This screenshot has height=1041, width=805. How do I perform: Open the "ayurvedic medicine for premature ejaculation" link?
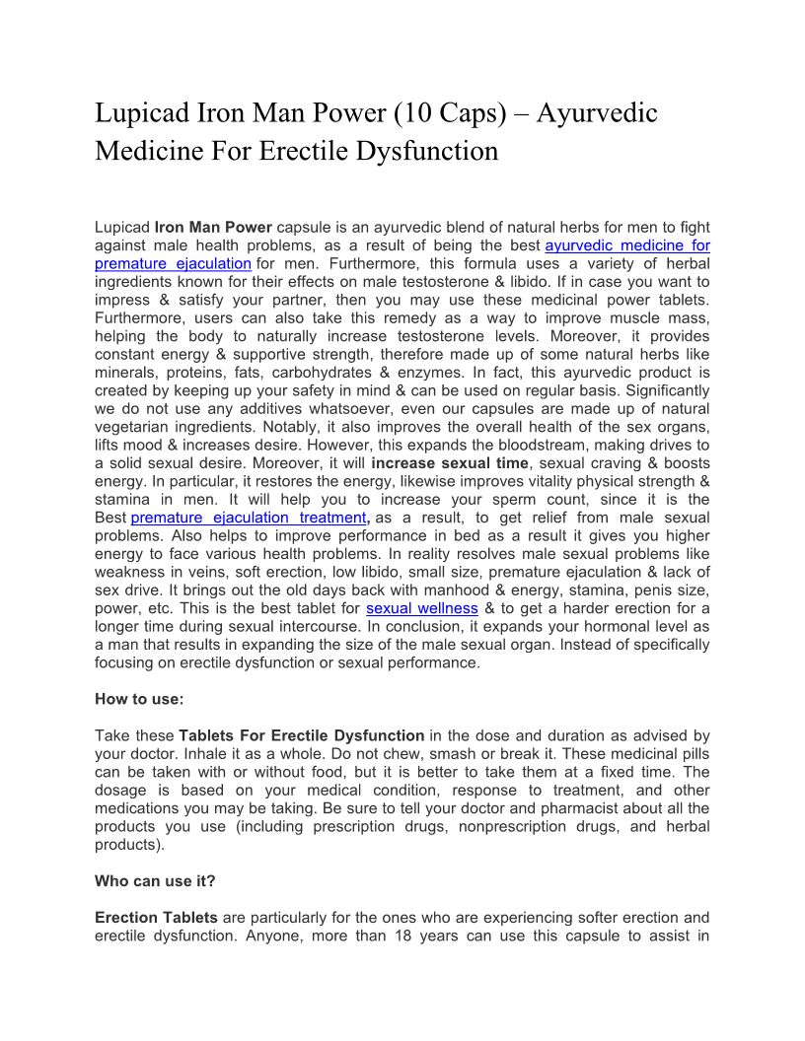click(x=627, y=245)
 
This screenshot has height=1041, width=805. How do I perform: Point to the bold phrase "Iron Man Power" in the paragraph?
click(x=213, y=228)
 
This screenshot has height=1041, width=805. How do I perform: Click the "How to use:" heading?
click(x=139, y=699)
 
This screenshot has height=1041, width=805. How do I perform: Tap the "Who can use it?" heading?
click(x=155, y=881)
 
